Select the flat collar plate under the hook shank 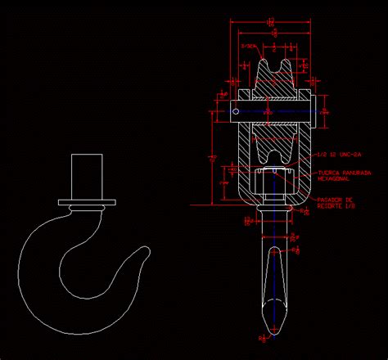(x=87, y=201)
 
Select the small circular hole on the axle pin (x=236, y=112)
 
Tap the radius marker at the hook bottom (x=264, y=335)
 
